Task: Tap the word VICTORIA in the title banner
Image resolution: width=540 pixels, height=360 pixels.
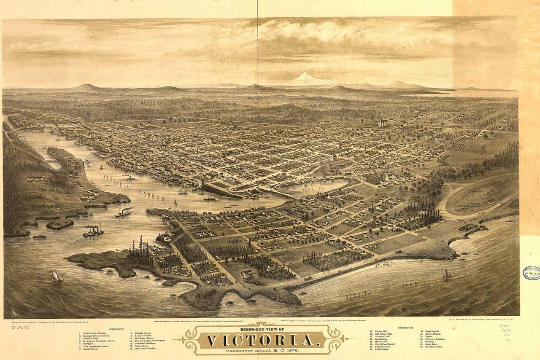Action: (262, 340)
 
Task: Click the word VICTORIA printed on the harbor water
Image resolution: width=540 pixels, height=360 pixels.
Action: (116, 180)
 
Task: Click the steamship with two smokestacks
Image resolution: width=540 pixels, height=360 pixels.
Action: (93, 231)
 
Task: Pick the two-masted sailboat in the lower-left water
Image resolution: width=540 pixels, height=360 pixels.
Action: (55, 276)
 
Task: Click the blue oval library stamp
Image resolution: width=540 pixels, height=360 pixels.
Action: (531, 273)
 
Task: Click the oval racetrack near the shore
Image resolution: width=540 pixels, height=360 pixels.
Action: (481, 196)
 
